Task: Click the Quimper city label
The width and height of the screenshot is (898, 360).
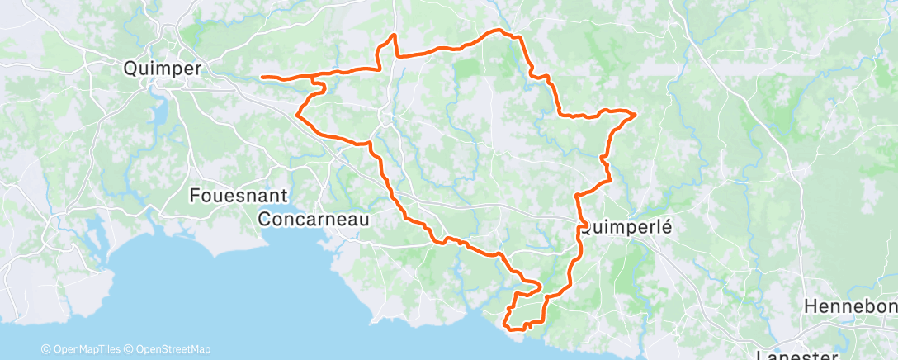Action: pyautogui.click(x=162, y=69)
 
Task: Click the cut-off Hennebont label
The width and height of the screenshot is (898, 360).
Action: pyautogui.click(x=851, y=306)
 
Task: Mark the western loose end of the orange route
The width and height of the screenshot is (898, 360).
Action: pyautogui.click(x=262, y=78)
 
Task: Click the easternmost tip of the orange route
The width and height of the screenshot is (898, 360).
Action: pyautogui.click(x=635, y=114)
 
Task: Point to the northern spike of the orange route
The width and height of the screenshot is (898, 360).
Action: pyautogui.click(x=395, y=35)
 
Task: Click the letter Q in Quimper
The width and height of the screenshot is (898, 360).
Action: pyautogui.click(x=130, y=69)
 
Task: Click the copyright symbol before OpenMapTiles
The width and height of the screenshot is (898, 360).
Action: pyautogui.click(x=45, y=349)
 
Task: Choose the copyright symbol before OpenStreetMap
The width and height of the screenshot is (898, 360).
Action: pyautogui.click(x=130, y=349)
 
